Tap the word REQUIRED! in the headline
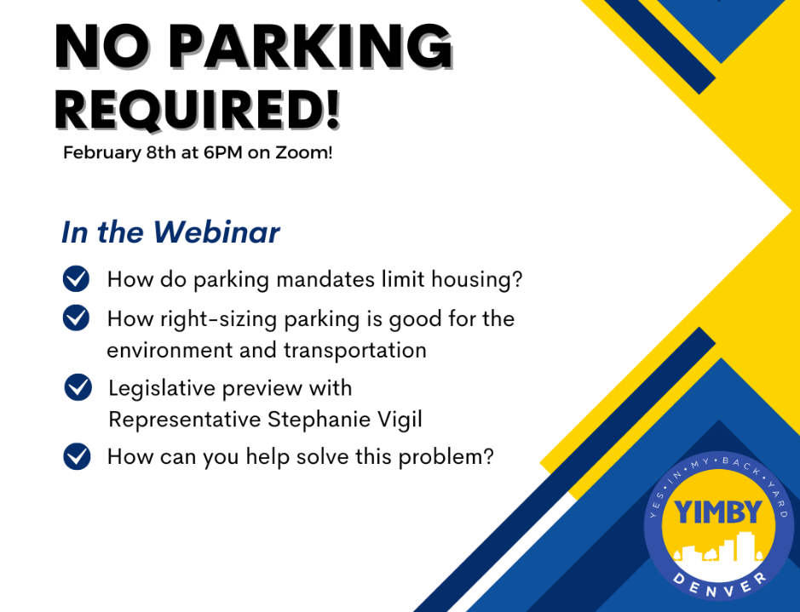(x=198, y=109)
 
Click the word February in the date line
(x=101, y=152)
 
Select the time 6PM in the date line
(x=223, y=152)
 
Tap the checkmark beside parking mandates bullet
(x=76, y=278)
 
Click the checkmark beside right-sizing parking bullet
(x=76, y=318)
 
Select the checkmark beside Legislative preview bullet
(x=78, y=387)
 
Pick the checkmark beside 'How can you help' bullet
(x=77, y=456)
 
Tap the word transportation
(x=355, y=351)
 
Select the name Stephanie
(x=319, y=420)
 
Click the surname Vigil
(x=400, y=420)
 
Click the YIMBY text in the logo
(x=718, y=512)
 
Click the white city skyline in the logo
(x=719, y=548)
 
